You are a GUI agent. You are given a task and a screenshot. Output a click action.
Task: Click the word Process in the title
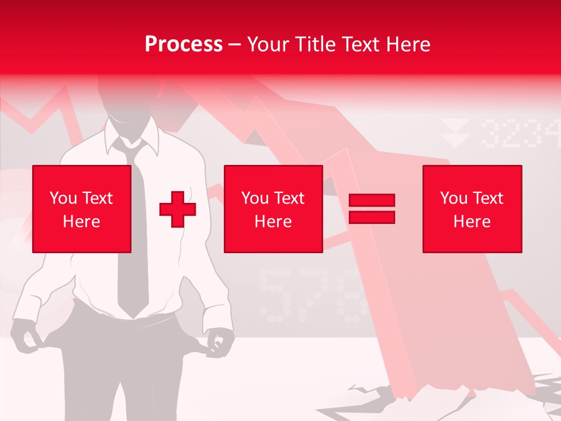[x=183, y=44]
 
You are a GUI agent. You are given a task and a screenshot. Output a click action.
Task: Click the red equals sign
[x=372, y=209]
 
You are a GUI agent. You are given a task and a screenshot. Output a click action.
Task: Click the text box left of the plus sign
[x=82, y=209]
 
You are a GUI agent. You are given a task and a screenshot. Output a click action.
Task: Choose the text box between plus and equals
[x=273, y=209]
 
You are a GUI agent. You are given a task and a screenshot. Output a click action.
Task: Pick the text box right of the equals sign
[x=472, y=209]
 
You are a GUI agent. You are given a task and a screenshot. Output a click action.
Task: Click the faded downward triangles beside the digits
[x=456, y=133]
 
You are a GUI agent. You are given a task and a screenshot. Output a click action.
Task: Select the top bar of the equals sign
[x=372, y=201]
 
